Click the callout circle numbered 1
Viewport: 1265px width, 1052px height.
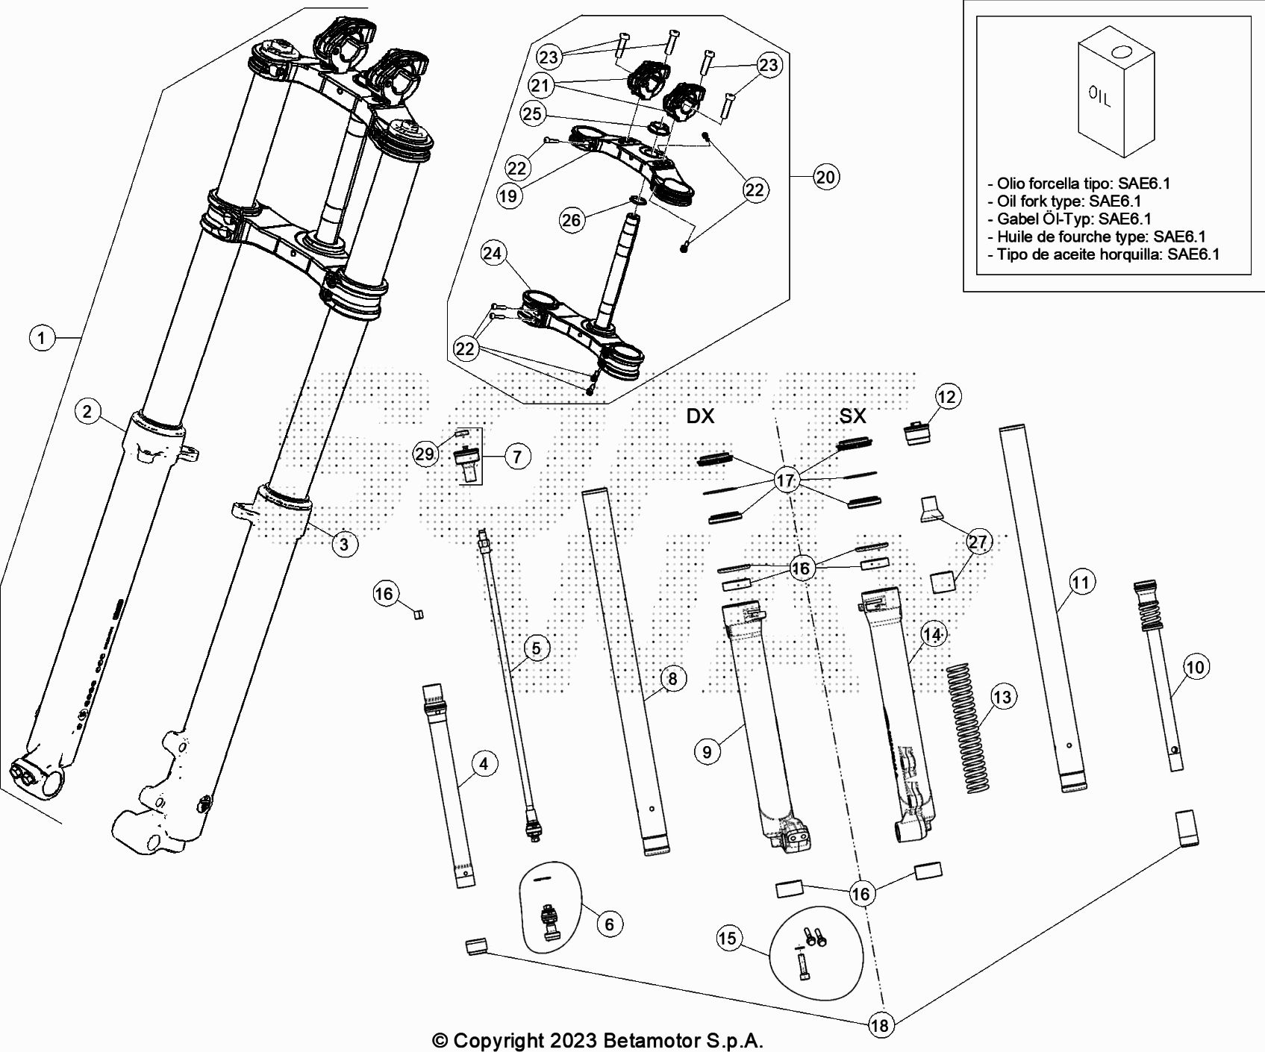(42, 338)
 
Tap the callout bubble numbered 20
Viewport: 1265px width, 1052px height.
(825, 177)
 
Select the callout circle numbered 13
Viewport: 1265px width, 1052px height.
(1002, 697)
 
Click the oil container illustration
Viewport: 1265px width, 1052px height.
(1115, 97)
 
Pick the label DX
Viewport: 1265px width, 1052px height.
(700, 416)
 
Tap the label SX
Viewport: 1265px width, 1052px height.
(852, 416)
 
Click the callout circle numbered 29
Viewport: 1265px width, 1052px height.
(425, 454)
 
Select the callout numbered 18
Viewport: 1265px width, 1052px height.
(881, 1025)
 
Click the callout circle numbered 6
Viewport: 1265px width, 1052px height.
(609, 924)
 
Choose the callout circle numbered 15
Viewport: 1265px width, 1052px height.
(728, 938)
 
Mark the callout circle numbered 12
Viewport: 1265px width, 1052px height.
(946, 396)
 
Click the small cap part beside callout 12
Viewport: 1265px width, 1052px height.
(916, 433)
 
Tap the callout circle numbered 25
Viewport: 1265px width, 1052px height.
(533, 114)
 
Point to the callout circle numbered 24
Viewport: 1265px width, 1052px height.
(492, 254)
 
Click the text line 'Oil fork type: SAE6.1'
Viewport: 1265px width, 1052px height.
(1069, 201)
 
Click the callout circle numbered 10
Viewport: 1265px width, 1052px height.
(1195, 666)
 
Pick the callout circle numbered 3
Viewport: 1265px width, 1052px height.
(343, 544)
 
